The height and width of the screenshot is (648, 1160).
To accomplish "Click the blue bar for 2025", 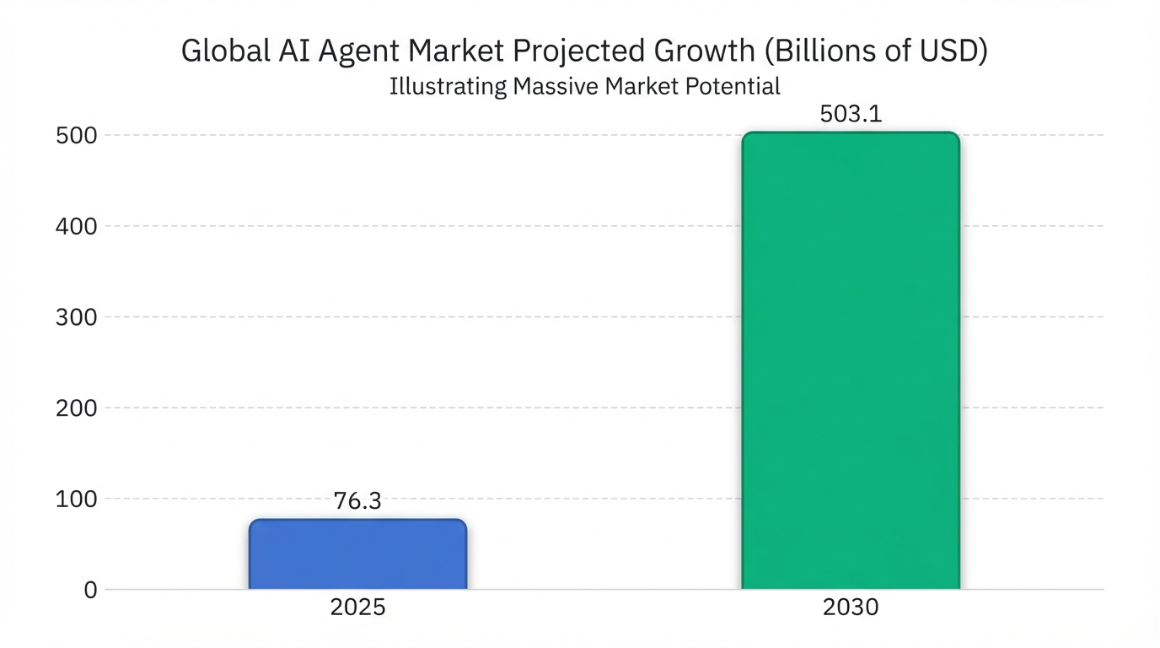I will (357, 554).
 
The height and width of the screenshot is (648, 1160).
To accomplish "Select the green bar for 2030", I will (850, 361).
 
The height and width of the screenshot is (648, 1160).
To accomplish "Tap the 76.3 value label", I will (357, 501).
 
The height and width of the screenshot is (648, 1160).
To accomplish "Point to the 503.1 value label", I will (851, 114).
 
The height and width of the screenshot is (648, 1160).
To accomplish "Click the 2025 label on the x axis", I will (358, 607).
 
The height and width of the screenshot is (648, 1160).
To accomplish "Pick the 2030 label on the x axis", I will (851, 607).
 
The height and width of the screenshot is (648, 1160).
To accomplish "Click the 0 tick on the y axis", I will (90, 591).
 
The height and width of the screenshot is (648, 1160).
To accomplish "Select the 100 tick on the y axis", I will (78, 499).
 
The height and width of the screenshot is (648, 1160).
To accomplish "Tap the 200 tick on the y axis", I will (78, 408).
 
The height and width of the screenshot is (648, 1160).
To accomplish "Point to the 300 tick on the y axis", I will (78, 317).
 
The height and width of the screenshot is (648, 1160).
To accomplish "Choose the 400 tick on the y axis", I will (78, 226).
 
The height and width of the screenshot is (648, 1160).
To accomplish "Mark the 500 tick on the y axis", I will (78, 136).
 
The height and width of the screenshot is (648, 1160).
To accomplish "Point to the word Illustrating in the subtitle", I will (448, 87).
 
